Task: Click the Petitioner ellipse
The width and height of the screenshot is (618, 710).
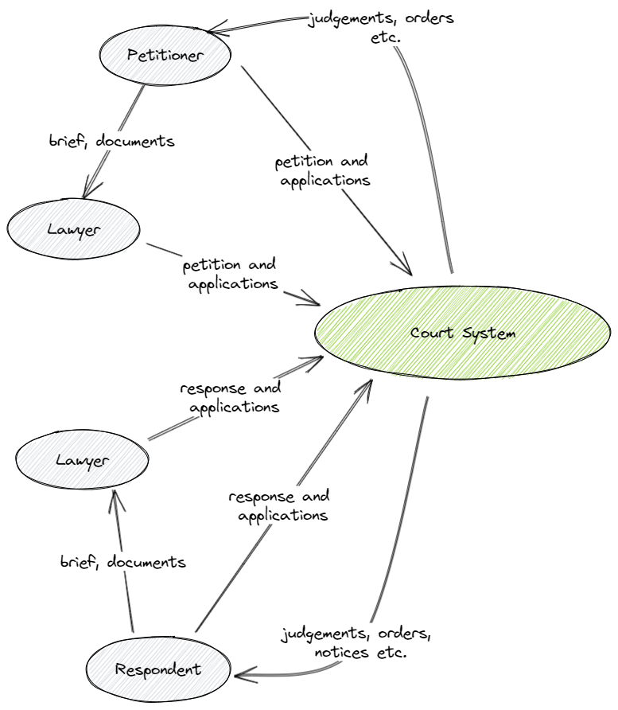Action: pyautogui.click(x=165, y=55)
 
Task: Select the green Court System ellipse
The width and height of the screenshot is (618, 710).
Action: pyautogui.click(x=462, y=333)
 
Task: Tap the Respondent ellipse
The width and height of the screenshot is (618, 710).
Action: pyautogui.click(x=157, y=669)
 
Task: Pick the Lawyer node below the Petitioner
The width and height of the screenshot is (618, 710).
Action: pyautogui.click(x=74, y=230)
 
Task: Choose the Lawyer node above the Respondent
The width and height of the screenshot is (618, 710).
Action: pyautogui.click(x=83, y=459)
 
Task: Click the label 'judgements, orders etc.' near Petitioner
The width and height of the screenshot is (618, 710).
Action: pyautogui.click(x=381, y=27)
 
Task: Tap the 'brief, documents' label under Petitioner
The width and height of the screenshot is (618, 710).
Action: pyautogui.click(x=111, y=142)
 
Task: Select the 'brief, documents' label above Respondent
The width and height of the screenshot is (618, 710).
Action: pyautogui.click(x=122, y=562)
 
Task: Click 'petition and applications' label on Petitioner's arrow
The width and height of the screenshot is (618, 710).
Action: pyautogui.click(x=322, y=170)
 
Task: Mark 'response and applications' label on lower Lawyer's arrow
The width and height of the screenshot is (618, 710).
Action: pyautogui.click(x=230, y=397)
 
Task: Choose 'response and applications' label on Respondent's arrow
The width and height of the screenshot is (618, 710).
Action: pyautogui.click(x=278, y=505)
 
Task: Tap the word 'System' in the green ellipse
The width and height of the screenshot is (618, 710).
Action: pyautogui.click(x=487, y=333)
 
